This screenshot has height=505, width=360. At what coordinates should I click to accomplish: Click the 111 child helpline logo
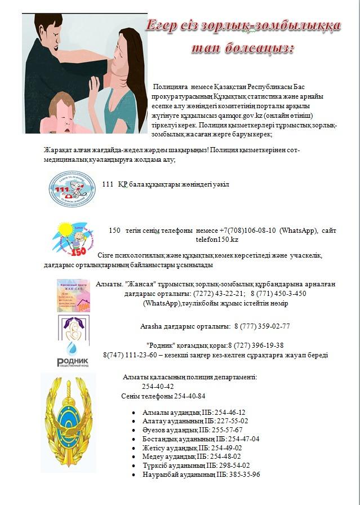[x=73, y=189]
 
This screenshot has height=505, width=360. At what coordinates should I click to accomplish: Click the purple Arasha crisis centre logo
[x=74, y=327]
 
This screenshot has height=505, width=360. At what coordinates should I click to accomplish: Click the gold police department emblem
[x=69, y=424]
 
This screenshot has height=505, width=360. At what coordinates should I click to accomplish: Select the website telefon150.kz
[x=217, y=240]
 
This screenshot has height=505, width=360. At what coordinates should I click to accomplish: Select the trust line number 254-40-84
[x=189, y=396]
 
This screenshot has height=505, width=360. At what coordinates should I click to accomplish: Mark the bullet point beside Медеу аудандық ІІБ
[x=134, y=457]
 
